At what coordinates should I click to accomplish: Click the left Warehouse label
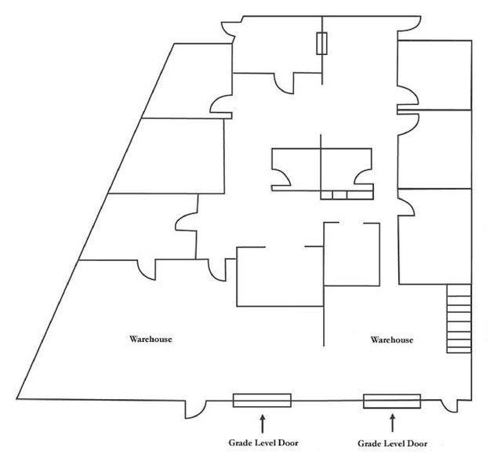pyautogui.click(x=151, y=339)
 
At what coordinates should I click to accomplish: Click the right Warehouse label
pyautogui.click(x=392, y=339)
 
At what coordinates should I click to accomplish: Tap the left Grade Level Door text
pyautogui.click(x=263, y=442)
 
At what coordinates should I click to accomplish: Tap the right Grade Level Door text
pyautogui.click(x=393, y=443)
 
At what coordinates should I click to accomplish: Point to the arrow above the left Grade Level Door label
pyautogui.click(x=263, y=423)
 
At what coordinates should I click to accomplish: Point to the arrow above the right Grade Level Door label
pyautogui.click(x=393, y=423)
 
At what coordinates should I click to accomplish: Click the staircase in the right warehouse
pyautogui.click(x=459, y=318)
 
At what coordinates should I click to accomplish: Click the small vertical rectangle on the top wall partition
pyautogui.click(x=321, y=43)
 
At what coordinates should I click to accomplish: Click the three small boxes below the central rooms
pyautogui.click(x=347, y=195)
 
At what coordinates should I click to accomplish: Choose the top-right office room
pyautogui.click(x=434, y=75)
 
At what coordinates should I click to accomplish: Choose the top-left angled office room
pyautogui.click(x=187, y=81)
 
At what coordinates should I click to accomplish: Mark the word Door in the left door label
pyautogui.click(x=289, y=442)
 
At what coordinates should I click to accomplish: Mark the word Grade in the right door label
pyautogui.click(x=368, y=443)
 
